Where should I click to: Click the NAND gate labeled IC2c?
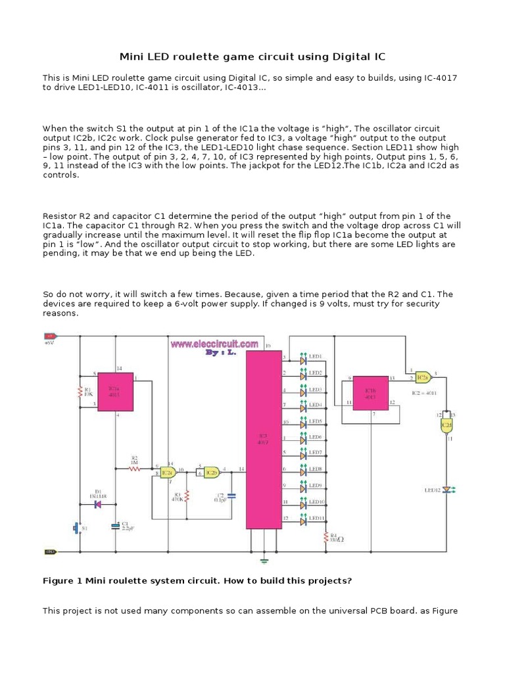tap(168, 472)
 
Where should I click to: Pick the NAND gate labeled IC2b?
tap(210, 471)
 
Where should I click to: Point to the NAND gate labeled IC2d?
tap(446, 425)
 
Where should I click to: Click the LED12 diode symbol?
tap(446, 490)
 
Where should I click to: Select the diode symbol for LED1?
tap(304, 360)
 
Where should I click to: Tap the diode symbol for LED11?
tap(304, 521)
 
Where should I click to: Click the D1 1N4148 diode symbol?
tap(97, 504)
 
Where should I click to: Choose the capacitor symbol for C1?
tap(115, 526)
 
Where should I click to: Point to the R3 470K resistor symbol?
tap(187, 495)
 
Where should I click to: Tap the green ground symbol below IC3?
tap(264, 560)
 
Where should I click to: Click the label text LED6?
tap(315, 436)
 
